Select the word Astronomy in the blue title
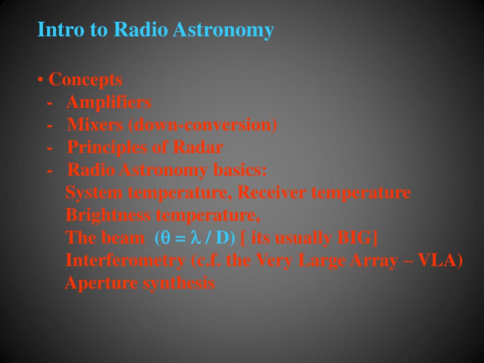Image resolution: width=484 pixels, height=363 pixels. [223, 30]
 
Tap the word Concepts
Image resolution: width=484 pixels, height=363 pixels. [86, 80]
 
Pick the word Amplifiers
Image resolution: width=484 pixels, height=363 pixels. [109, 102]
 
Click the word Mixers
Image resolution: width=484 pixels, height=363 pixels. [95, 125]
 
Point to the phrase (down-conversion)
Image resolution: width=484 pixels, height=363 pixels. [203, 125]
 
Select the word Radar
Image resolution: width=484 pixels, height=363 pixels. [198, 147]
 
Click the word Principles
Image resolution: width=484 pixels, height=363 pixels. [107, 148]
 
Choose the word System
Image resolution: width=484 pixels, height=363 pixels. [94, 193]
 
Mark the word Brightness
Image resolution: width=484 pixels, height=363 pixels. [108, 216]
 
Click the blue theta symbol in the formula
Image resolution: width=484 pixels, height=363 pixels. [165, 238]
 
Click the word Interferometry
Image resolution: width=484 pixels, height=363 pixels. [125, 260]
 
